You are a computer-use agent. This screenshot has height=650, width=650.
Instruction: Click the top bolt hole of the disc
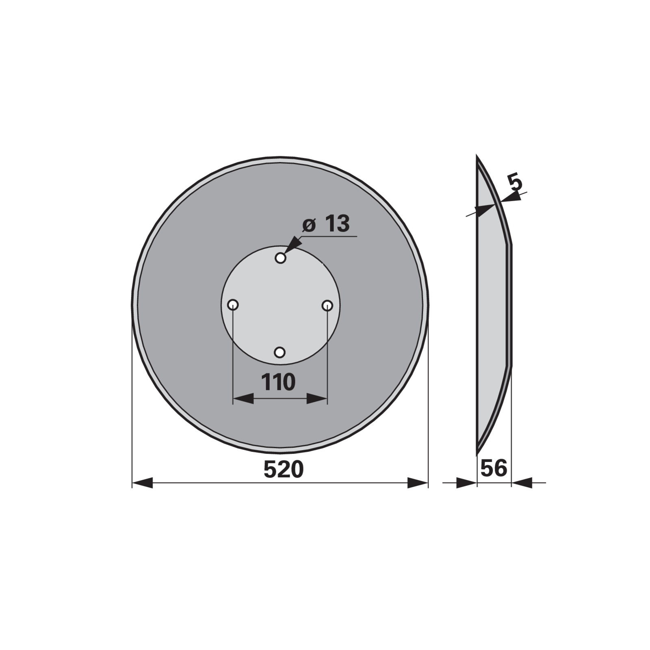click(x=281, y=258)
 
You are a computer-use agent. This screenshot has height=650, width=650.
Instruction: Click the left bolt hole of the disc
click(x=233, y=305)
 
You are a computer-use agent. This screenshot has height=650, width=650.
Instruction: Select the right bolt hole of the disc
click(x=327, y=305)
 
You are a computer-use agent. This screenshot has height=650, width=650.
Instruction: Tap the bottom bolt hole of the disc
click(x=279, y=352)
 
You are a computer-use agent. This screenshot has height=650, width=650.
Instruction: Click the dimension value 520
click(x=284, y=470)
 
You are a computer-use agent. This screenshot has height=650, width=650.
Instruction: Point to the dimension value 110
click(x=278, y=382)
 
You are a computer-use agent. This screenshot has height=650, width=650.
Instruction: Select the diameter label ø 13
click(x=326, y=224)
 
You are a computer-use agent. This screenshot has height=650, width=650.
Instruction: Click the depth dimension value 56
click(x=494, y=468)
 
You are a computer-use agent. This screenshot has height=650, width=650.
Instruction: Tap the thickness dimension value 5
click(x=516, y=183)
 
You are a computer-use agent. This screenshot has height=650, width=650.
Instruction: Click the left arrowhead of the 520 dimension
click(x=142, y=483)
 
